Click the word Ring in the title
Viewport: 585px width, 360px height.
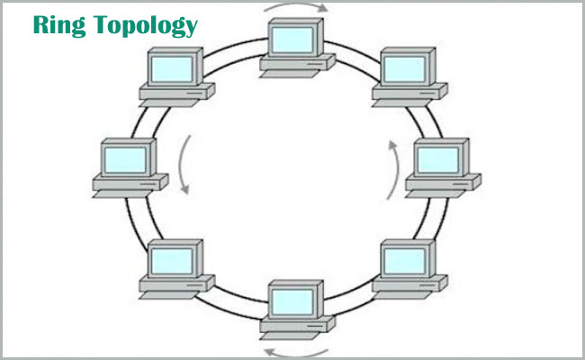pyautogui.click(x=56, y=24)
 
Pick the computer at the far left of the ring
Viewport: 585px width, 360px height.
pyautogui.click(x=129, y=167)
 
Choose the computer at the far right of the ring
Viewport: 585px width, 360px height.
pyautogui.click(x=441, y=167)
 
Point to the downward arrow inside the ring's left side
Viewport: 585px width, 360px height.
pyautogui.click(x=184, y=167)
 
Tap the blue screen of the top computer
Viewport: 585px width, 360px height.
pyautogui.click(x=294, y=39)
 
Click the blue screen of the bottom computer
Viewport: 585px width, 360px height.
pyautogui.click(x=294, y=300)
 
